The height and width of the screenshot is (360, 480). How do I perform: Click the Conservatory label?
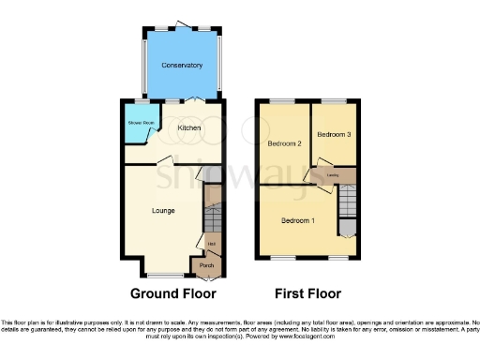(x=181, y=65)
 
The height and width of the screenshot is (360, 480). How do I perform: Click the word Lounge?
(x=165, y=211)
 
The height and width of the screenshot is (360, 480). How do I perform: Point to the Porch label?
(x=206, y=266)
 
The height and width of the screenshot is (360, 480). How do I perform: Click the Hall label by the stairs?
(x=212, y=245)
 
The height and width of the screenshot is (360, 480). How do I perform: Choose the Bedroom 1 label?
(x=299, y=220)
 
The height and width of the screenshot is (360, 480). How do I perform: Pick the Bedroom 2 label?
(x=283, y=143)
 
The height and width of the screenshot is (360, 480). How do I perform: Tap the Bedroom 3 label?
(x=334, y=135)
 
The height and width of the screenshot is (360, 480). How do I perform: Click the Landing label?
(x=332, y=174)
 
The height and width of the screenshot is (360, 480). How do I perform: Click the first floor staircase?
(x=347, y=200)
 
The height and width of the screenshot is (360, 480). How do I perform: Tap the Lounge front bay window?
(x=165, y=275)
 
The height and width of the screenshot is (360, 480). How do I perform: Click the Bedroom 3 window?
(x=334, y=99)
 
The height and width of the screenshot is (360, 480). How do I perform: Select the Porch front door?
(x=207, y=277)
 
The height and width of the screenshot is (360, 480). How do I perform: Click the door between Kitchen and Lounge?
(x=165, y=162)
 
